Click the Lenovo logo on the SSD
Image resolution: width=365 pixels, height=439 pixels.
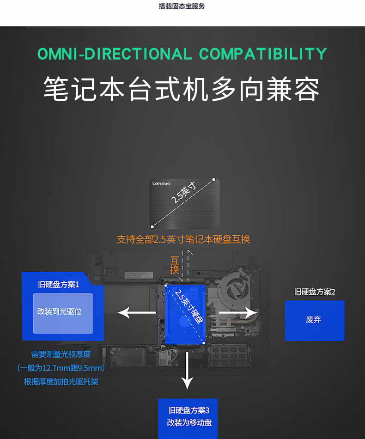coord(161,184)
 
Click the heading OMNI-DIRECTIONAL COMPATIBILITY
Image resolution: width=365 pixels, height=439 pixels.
coord(182,54)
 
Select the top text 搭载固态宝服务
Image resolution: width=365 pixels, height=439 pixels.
coord(182,6)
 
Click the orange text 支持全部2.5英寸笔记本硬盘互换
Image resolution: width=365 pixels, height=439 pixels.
coord(183,239)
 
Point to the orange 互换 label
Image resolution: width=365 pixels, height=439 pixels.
coord(175,265)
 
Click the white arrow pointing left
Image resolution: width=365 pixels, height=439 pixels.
coord(137,312)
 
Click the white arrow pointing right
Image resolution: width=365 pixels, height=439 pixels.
coord(237,312)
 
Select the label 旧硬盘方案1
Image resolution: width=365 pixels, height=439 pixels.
coord(59,285)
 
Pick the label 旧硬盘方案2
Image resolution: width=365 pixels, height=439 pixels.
coord(315,292)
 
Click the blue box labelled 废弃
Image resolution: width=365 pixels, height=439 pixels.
coord(314,320)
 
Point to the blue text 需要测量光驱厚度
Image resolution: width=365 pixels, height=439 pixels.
coord(61,354)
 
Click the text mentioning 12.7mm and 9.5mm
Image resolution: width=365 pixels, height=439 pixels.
coord(61,368)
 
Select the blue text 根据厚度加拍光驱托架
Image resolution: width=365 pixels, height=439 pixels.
coord(61,382)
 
